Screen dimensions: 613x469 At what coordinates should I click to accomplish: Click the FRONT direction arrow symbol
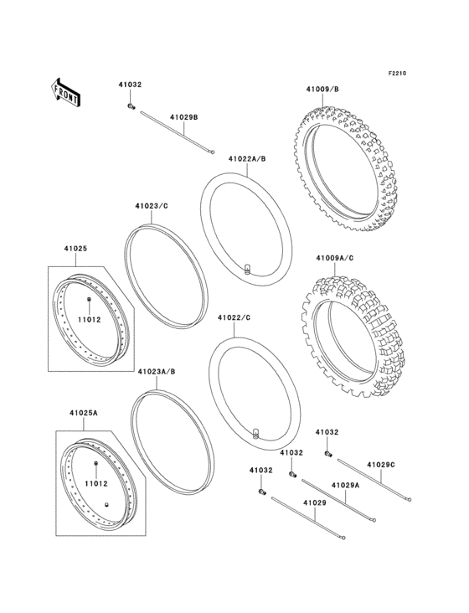click(x=66, y=90)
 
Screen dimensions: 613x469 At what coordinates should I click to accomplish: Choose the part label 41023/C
click(x=151, y=205)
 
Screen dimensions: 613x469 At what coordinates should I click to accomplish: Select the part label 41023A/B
click(x=156, y=370)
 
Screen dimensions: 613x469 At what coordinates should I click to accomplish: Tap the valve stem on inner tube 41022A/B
click(x=247, y=268)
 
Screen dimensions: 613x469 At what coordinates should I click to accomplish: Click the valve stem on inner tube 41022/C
click(x=255, y=433)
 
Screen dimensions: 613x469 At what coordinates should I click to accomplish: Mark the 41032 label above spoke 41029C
click(x=327, y=432)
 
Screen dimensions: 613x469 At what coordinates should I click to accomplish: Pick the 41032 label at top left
click(x=129, y=85)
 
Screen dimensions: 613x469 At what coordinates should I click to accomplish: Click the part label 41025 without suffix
click(x=75, y=249)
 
